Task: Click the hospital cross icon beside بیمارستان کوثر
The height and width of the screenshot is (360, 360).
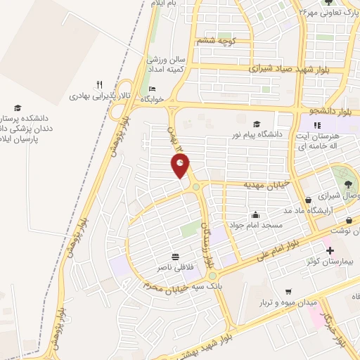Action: tap(329, 250)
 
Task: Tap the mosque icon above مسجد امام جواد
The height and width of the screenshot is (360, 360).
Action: tap(255, 214)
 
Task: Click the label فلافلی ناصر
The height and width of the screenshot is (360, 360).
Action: tap(174, 267)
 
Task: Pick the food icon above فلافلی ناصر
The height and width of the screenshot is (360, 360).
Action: tap(174, 256)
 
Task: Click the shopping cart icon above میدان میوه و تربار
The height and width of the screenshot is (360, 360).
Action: tap(288, 292)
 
